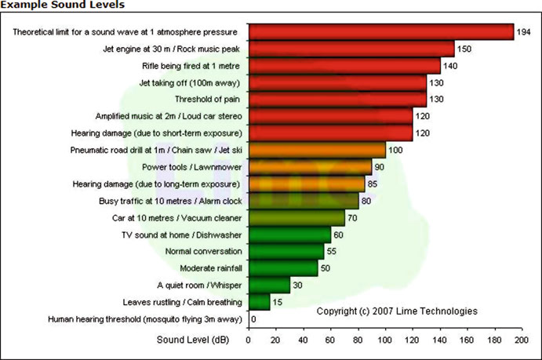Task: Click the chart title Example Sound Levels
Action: pyautogui.click(x=63, y=5)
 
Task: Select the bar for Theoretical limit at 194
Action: pyautogui.click(x=381, y=32)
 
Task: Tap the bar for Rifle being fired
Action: pyautogui.click(x=344, y=66)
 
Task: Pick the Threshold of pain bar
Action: pyautogui.click(x=338, y=99)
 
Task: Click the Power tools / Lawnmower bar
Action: pyautogui.click(x=311, y=167)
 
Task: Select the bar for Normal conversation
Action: pyautogui.click(x=286, y=251)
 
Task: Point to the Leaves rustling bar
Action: pyautogui.click(x=260, y=302)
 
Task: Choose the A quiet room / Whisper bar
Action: pyautogui.click(x=270, y=285)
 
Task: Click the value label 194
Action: pyautogui.click(x=523, y=32)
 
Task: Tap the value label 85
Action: pyautogui.click(x=373, y=184)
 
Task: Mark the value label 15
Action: pyautogui.click(x=277, y=302)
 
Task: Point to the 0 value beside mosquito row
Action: pyautogui.click(x=253, y=319)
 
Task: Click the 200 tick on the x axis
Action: pyautogui.click(x=522, y=340)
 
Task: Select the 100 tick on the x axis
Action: pyautogui.click(x=384, y=340)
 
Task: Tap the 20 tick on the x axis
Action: pyautogui.click(x=275, y=340)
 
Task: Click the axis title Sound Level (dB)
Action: pyautogui.click(x=193, y=340)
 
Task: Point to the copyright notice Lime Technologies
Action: pyautogui.click(x=397, y=311)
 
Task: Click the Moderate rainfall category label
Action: pyautogui.click(x=211, y=268)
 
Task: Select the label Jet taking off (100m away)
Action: pyautogui.click(x=189, y=83)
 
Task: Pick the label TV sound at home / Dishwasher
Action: pyautogui.click(x=181, y=235)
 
